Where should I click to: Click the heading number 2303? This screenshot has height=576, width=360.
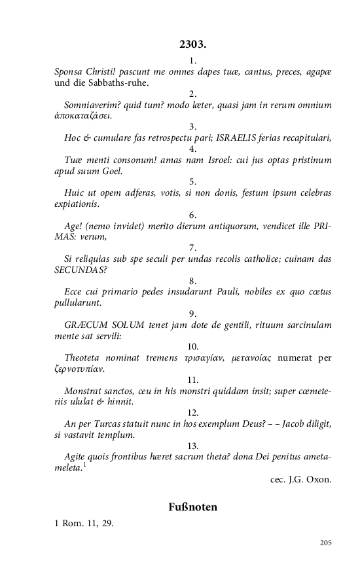[x=192, y=45]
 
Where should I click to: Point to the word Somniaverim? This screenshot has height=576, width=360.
[x=95, y=105]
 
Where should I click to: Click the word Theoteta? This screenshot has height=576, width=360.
[x=85, y=359]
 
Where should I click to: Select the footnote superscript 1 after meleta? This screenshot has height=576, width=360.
[x=85, y=465]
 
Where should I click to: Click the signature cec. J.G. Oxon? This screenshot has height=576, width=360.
[x=300, y=479]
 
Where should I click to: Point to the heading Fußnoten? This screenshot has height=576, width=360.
[x=192, y=507]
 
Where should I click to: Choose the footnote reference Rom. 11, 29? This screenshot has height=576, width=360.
[x=88, y=523]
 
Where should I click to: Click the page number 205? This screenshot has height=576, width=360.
[x=326, y=543]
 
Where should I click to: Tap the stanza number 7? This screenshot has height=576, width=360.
[x=192, y=248]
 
